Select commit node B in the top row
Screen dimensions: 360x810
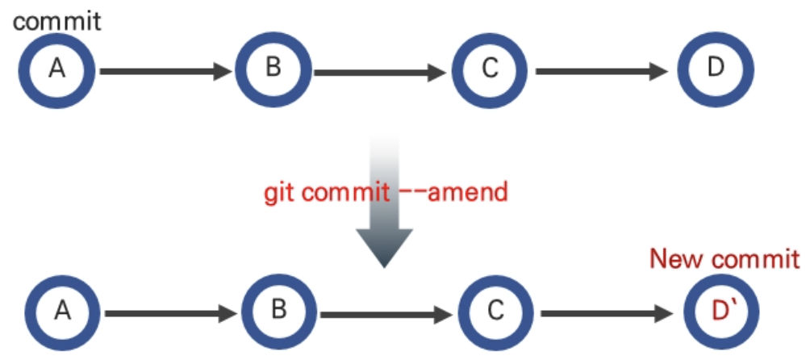273,68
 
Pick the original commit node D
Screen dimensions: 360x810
716,68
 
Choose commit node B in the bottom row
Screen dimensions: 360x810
279,309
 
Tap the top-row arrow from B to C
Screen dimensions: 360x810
379,71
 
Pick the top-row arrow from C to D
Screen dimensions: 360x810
601,71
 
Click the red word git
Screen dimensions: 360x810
280,193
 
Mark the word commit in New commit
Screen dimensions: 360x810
755,259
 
